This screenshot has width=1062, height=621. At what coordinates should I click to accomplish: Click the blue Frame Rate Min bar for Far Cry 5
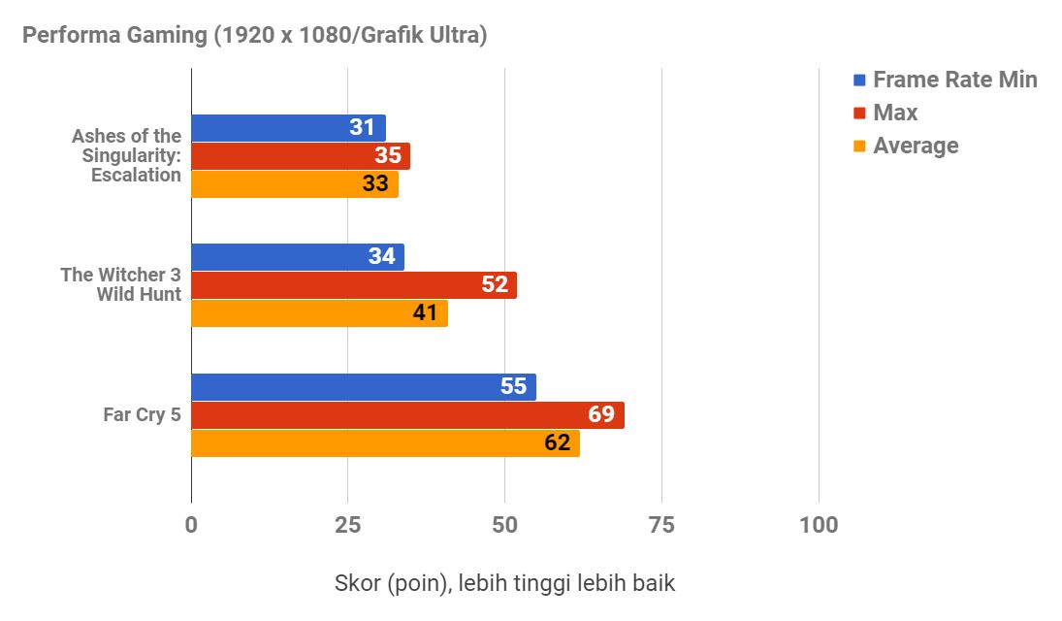coord(363,387)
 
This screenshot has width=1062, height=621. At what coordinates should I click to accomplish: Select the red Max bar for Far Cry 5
coord(407,415)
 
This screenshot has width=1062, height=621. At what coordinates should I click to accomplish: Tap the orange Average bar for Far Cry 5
coord(385,443)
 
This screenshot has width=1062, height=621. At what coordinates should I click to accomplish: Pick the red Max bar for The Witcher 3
coord(353,285)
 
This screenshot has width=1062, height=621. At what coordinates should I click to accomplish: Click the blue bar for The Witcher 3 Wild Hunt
coord(297,257)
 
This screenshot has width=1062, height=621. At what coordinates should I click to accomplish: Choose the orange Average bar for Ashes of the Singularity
coord(294,184)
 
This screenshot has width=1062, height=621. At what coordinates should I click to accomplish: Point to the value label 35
coord(388,156)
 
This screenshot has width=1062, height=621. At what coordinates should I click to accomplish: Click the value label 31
coord(363,128)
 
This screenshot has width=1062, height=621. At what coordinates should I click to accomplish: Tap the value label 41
coord(425,313)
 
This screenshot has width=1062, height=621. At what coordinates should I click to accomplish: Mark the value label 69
coord(601,415)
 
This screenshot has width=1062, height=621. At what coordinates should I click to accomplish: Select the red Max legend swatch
coord(859,114)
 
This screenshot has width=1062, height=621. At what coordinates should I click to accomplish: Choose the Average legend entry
coord(915,146)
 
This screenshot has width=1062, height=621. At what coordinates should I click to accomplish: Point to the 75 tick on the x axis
coord(661,525)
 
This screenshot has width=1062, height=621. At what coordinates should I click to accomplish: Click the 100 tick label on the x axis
coord(819,525)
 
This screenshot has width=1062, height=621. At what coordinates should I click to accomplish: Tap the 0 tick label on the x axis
coord(191,525)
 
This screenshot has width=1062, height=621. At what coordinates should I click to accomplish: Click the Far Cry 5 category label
coord(142,415)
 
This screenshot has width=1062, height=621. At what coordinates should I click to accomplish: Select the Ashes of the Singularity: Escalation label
coord(126,156)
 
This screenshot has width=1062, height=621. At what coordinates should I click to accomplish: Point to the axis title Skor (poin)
coord(504,584)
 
